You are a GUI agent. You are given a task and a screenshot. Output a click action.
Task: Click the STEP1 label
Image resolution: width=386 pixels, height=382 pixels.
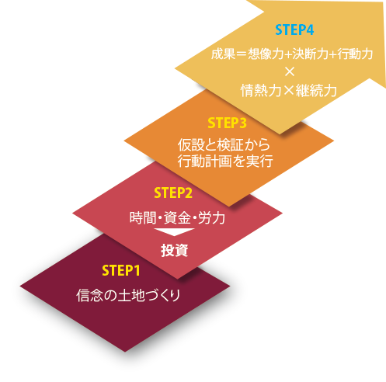coord(121,271)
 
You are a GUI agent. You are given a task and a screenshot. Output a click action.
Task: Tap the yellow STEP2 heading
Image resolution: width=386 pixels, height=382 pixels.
coord(173,193)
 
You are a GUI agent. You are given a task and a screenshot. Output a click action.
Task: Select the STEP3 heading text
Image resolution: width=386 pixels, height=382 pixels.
coord(227,123)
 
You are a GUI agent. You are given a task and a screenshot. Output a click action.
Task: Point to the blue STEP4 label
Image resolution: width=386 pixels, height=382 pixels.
coord(294,30)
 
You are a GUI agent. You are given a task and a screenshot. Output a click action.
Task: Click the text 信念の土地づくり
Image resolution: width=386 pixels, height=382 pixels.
coord(128,295)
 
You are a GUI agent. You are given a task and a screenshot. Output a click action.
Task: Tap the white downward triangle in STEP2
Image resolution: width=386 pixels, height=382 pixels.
coord(174,232)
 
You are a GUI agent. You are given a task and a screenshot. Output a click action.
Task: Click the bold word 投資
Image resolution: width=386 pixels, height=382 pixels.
coord(174,250)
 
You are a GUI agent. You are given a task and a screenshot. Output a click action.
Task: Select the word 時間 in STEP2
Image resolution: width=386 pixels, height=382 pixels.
coord(143,217)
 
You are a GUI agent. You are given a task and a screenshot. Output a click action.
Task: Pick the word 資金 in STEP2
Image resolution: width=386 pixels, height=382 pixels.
coord(177,217)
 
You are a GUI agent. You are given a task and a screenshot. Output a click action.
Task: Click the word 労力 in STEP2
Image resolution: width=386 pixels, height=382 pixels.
coord(211,217)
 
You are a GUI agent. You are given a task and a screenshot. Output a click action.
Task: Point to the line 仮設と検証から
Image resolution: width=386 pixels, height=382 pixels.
coord(224,144)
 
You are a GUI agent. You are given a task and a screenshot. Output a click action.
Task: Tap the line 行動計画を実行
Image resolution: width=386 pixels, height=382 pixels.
coord(225,161)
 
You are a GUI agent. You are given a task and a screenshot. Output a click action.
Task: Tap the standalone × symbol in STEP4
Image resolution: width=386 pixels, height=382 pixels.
coord(290,72)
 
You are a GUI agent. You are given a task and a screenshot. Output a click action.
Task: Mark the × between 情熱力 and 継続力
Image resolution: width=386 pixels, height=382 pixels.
coord(289,91)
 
